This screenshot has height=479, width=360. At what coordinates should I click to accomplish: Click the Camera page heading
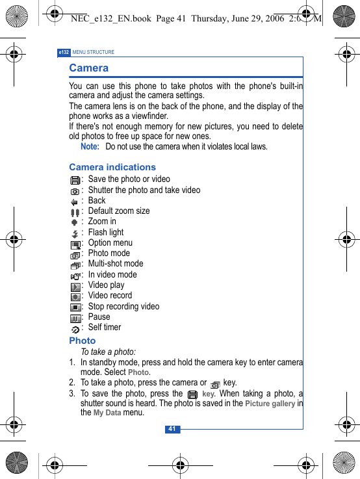[89, 68]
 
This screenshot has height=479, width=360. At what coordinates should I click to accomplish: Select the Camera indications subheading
[112, 167]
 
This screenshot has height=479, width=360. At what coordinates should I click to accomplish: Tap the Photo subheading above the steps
[83, 341]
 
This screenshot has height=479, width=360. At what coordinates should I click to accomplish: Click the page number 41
[172, 429]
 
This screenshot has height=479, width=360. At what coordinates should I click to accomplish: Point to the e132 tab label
[64, 52]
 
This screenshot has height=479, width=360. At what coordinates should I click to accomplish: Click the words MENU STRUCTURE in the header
[94, 52]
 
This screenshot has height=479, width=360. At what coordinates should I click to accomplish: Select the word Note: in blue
[90, 147]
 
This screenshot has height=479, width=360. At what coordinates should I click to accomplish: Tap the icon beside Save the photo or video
[75, 180]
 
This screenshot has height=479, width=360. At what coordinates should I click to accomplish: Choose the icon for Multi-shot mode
[75, 265]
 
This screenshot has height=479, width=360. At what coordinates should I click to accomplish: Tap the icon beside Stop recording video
[75, 307]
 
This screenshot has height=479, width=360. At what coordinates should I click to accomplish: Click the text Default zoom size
[119, 211]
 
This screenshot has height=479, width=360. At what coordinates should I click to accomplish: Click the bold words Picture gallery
[270, 404]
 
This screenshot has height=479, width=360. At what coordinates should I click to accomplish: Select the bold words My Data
[107, 413]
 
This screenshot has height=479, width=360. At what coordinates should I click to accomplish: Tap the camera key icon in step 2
[214, 384]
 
